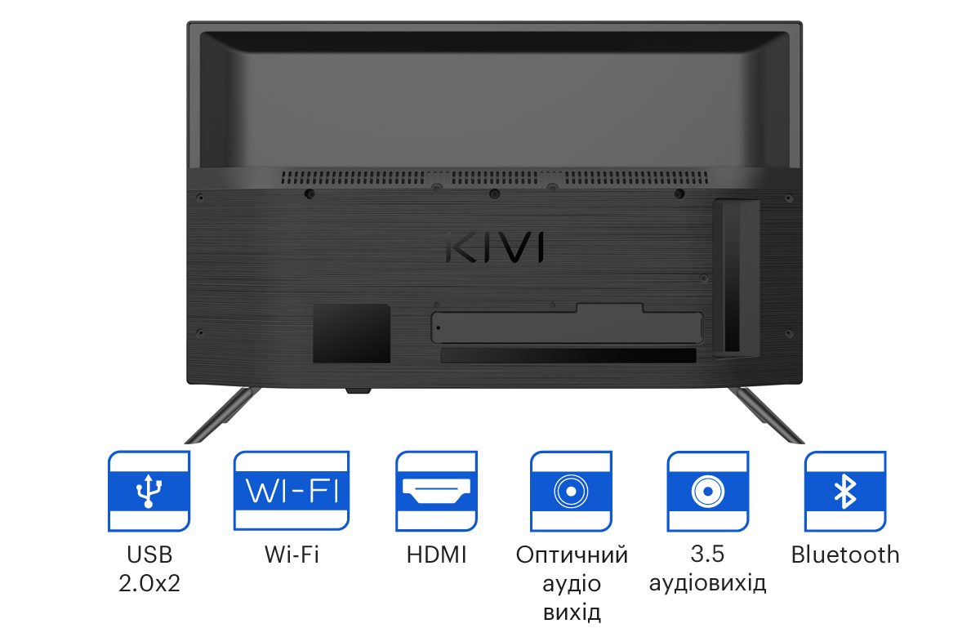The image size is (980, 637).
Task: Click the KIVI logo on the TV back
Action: pos(495,247)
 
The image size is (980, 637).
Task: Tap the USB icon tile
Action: pos(149,491)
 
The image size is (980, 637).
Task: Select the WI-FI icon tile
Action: pos(292,491)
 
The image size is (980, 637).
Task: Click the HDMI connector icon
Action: pos(436,491)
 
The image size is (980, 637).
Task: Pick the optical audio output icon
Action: pos(571,491)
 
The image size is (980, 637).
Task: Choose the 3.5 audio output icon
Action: pos(708,491)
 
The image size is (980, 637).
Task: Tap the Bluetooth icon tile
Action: pos(845,491)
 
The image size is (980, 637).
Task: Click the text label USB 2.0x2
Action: pos(149,568)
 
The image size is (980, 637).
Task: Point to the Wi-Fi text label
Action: pos(292,555)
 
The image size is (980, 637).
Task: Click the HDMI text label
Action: pos(437,555)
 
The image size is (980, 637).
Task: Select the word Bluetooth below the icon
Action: pos(845,555)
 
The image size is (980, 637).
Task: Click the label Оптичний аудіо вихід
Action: pos(572,584)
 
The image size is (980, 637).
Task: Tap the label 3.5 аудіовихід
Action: pos(708,568)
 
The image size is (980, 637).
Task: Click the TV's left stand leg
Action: pos(223,415)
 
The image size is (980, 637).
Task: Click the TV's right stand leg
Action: pos(767,415)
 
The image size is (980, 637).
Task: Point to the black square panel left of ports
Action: pos(351,333)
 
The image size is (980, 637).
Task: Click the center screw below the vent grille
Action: pos(494,194)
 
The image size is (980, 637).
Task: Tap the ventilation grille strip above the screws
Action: pos(494,177)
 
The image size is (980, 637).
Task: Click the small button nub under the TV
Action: pos(359,390)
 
